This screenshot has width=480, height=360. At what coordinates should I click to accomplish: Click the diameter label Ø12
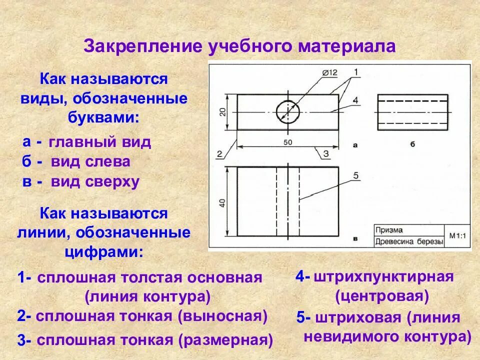330,72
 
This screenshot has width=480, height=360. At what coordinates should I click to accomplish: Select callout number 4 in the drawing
355,100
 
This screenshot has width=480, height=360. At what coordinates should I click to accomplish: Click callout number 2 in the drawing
219,154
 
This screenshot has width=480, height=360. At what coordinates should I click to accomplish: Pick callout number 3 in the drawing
326,154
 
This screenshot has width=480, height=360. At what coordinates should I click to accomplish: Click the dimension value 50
288,142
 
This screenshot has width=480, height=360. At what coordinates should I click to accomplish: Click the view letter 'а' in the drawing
355,145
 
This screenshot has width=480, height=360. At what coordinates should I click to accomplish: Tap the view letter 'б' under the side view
412,145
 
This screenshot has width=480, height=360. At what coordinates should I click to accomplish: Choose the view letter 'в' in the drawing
355,239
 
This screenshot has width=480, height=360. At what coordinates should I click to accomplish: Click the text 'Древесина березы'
409,242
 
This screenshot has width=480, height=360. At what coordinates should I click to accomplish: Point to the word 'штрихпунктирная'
383,276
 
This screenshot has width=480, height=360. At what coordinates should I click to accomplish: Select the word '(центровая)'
382,296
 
